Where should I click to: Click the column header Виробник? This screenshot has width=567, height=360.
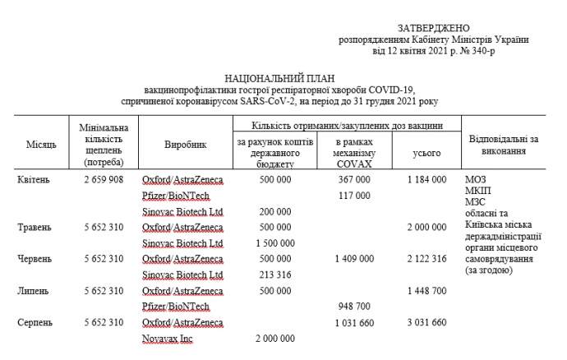coord(185,145)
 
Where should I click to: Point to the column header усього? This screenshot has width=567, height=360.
coord(426,153)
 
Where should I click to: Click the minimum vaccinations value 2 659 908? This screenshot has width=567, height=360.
coord(104,179)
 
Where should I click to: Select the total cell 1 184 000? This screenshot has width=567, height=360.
coord(426,179)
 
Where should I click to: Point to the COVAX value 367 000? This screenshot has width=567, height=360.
coord(354,179)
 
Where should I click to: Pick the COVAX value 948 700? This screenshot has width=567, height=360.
coord(354,307)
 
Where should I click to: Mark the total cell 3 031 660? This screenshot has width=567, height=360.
coord(426,322)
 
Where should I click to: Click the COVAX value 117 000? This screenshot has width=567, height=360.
coord(354,196)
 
